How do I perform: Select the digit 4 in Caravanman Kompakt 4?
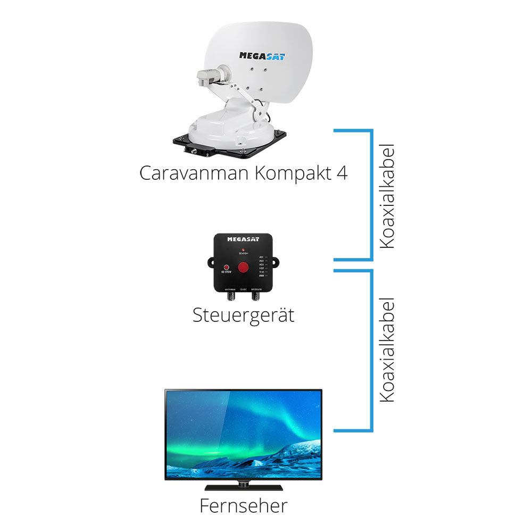[341, 173]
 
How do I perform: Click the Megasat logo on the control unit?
[243, 239]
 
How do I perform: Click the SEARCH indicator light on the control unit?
[243, 249]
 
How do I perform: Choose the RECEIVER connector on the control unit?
[256, 294]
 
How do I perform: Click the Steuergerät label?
[243, 315]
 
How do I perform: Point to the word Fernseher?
[243, 505]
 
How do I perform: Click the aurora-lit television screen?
[243, 434]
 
